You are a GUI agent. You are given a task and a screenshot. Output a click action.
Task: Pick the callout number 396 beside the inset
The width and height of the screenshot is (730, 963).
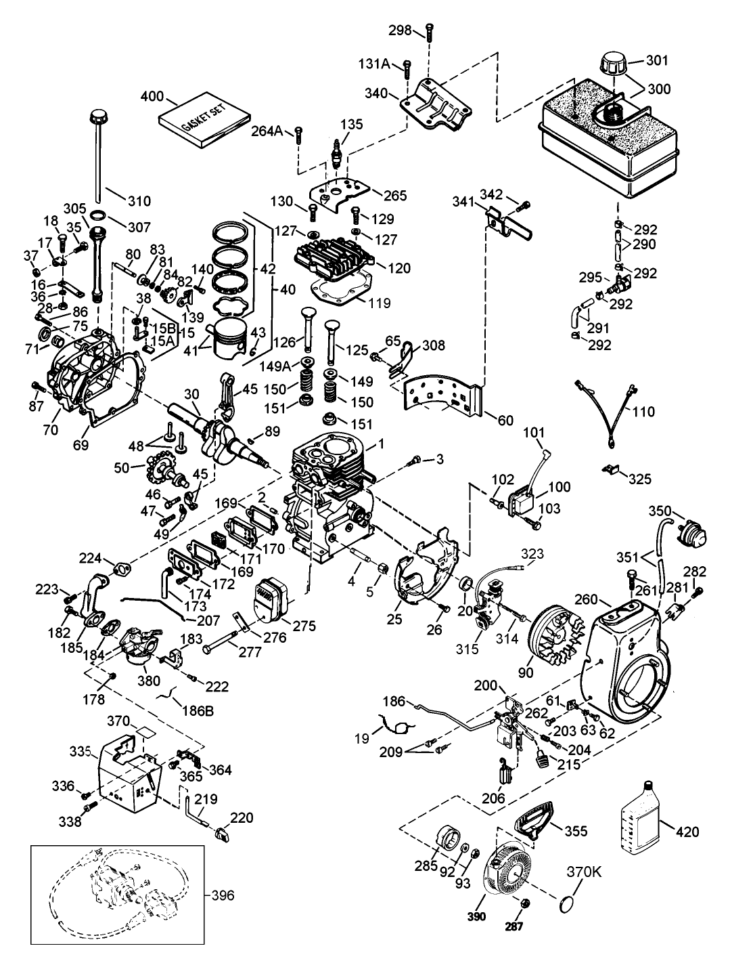[x=223, y=896]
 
